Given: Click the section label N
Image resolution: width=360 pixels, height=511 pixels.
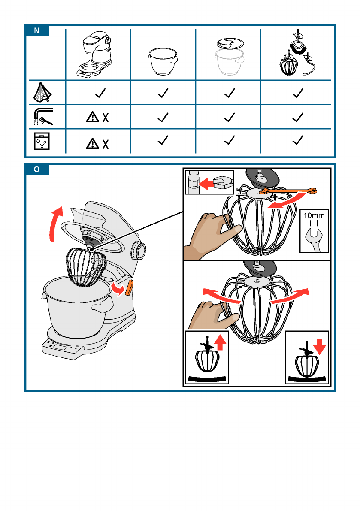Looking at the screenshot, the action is click(36, 30).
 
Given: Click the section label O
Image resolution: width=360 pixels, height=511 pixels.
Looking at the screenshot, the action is click(36, 169).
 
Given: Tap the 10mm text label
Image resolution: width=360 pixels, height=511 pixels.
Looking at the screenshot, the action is click(314, 215).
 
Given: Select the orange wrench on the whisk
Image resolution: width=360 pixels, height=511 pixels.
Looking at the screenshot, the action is click(288, 191).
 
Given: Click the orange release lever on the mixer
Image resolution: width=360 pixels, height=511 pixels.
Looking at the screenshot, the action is click(129, 287).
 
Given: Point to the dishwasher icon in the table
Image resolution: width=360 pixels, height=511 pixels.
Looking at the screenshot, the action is click(42, 141).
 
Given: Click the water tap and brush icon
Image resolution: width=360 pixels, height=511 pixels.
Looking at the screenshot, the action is click(43, 117).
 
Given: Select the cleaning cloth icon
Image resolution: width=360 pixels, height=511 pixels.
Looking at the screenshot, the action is click(42, 92).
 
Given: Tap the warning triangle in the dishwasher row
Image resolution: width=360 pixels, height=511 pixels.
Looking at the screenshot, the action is click(93, 143).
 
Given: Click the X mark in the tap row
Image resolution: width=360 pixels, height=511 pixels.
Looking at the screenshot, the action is click(106, 117).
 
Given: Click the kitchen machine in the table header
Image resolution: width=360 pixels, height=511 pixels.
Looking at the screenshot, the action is click(94, 54).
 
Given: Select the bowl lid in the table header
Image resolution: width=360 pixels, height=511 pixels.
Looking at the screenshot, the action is click(230, 43).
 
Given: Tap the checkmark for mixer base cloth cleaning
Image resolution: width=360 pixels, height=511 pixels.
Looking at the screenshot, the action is click(100, 93).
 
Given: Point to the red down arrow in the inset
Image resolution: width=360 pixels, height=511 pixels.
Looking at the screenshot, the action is click(320, 346).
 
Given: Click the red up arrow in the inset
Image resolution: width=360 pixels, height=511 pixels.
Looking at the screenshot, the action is click(221, 342).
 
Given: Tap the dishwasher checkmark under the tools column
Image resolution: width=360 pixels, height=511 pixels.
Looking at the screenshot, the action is click(298, 140).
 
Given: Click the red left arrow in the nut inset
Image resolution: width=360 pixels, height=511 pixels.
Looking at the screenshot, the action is click(206, 184).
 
